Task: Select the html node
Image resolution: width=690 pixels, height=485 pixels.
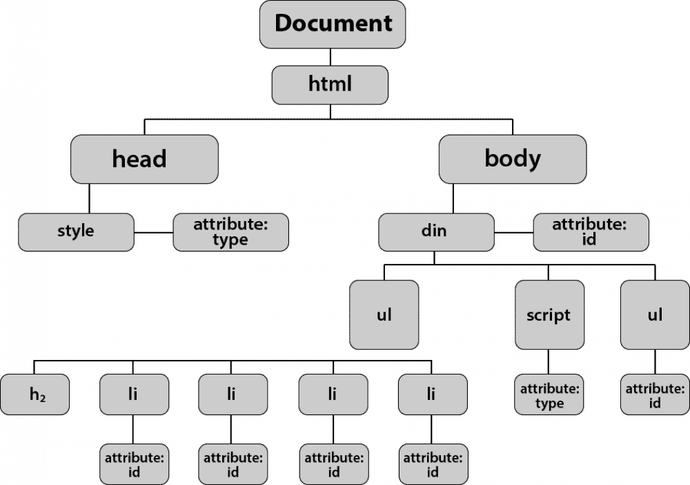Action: (330, 84)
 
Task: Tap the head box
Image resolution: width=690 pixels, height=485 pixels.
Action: (144, 159)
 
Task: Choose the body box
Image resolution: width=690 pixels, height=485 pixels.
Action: (512, 159)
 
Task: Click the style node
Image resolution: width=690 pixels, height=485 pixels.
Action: (76, 231)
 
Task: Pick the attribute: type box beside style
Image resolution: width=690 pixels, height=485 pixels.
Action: (230, 231)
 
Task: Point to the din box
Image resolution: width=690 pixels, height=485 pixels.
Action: (436, 231)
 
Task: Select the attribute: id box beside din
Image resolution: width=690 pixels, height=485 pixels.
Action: (591, 231)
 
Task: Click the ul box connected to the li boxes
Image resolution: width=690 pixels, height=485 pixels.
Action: (384, 315)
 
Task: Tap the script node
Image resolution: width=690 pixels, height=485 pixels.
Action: (549, 315)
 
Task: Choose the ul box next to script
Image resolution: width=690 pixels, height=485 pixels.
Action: (655, 315)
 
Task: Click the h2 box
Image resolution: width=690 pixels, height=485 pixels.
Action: (35, 394)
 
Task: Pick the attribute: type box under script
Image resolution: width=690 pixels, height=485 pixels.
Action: (549, 394)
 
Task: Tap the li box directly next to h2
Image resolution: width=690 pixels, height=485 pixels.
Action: (134, 394)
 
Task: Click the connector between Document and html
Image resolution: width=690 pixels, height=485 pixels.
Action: (330, 57)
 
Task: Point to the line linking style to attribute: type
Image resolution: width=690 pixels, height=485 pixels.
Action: (153, 232)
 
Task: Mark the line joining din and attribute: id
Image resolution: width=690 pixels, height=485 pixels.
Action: (513, 232)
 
